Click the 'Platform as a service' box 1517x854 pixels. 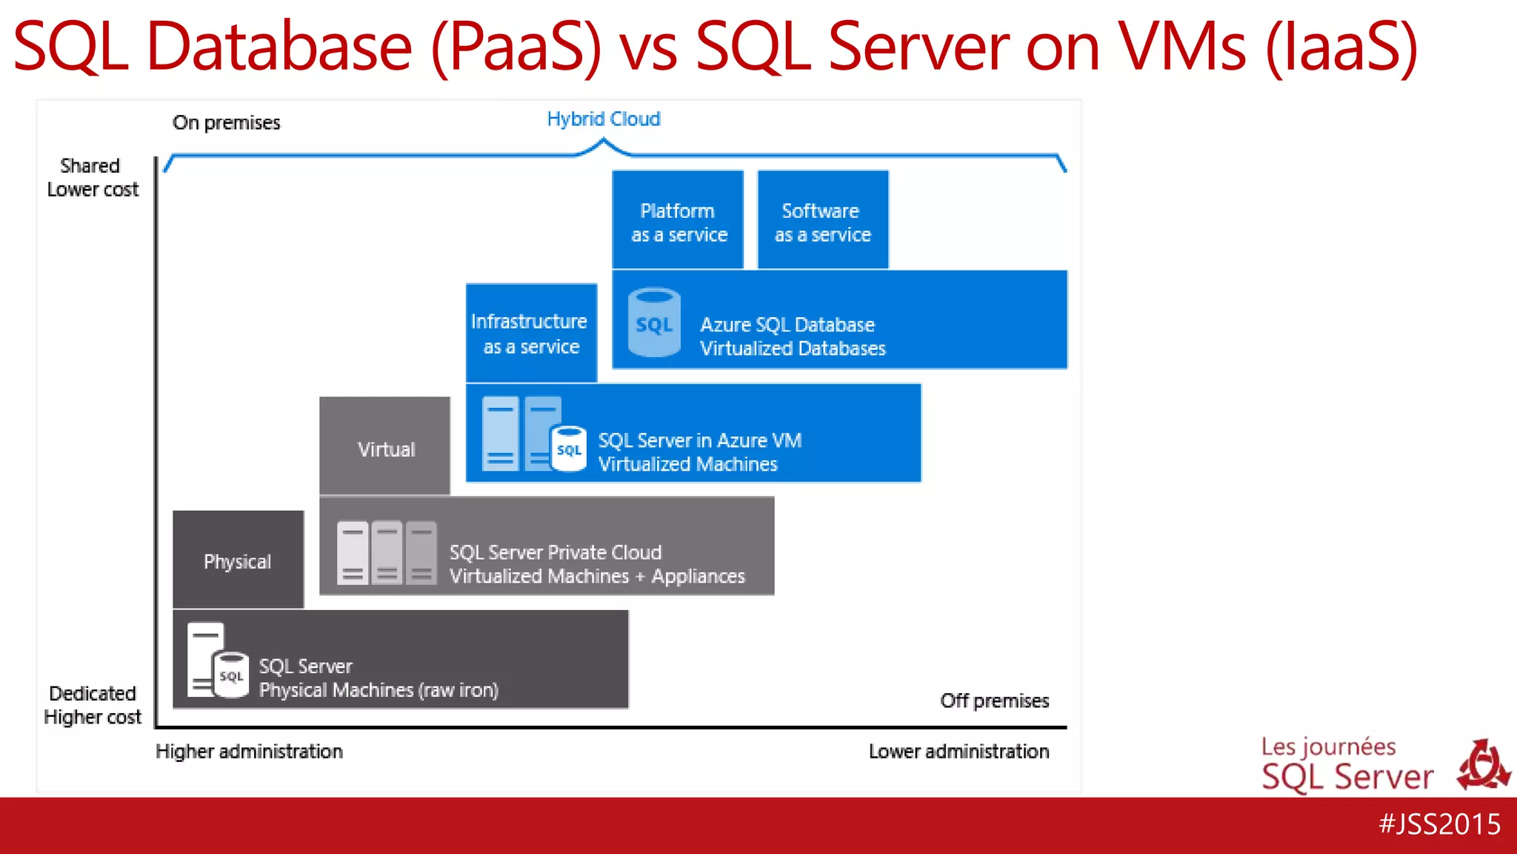point(678,220)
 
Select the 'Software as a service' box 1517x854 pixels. point(822,220)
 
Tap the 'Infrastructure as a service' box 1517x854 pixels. point(531,333)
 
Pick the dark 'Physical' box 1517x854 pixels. point(238,560)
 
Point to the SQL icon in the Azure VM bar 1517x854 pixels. point(569,448)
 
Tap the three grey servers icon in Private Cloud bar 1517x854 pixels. point(386,553)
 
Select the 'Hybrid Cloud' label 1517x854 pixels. point(603,119)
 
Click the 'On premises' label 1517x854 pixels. point(226,123)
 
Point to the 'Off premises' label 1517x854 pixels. point(994,701)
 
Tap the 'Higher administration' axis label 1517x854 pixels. point(249,752)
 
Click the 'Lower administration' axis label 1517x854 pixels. point(958,752)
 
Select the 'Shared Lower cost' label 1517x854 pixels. point(92,178)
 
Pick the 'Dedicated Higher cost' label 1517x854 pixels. point(92,705)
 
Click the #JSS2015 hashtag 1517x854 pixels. point(1439,824)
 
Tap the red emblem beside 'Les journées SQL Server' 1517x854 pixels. point(1483,766)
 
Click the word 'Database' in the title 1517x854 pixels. point(279,47)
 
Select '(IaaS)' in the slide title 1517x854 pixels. point(1341,47)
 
